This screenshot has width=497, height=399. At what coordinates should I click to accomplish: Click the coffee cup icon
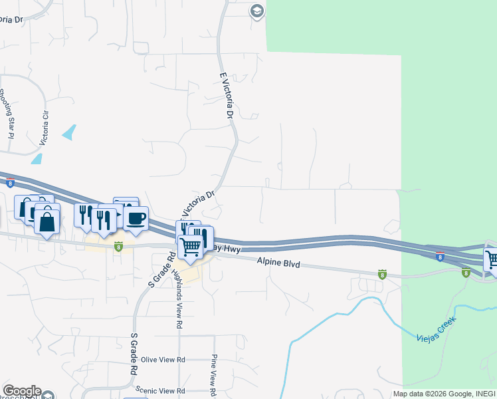[136, 218]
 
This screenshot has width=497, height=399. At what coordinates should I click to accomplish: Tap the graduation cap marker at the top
[257, 11]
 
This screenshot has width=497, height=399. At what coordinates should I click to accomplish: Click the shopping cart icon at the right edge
[492, 259]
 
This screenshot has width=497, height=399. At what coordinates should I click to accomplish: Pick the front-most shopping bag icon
[48, 221]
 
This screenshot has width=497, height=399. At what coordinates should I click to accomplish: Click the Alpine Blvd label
[279, 264]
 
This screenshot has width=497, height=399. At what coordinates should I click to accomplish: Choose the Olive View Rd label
[162, 360]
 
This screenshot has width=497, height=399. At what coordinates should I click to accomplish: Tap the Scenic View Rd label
[159, 390]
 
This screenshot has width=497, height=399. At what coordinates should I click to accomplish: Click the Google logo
[21, 391]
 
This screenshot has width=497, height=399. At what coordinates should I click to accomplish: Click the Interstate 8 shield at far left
[10, 182]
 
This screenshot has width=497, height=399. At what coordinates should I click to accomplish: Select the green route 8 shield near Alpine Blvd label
[382, 273]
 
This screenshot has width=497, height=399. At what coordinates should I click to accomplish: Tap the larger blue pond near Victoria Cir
[69, 132]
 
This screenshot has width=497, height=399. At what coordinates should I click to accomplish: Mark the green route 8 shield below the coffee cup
[119, 247]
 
